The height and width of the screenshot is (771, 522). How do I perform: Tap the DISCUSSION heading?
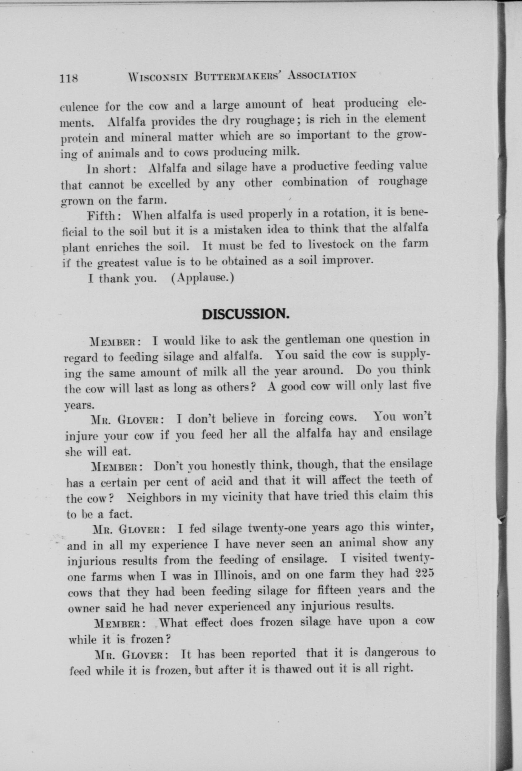coord(246,314)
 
